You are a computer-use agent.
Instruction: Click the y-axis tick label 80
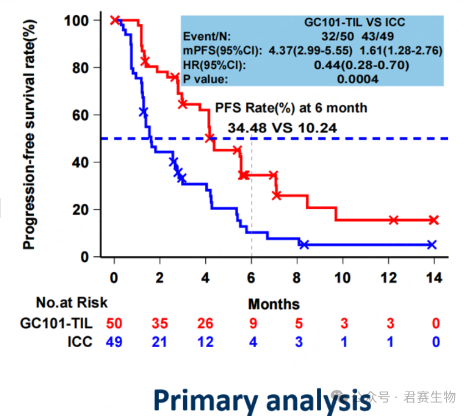[80, 68]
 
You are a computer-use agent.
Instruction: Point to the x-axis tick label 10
[342, 278]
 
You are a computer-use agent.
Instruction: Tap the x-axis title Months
[274, 304]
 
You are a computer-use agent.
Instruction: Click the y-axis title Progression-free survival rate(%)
[29, 134]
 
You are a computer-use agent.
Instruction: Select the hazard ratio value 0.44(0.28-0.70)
[361, 65]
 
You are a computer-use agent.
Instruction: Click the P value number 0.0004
[357, 79]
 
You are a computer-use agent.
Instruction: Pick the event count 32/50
[337, 37]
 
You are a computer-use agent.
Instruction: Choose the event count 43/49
[377, 37]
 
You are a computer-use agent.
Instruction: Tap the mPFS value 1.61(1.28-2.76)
[401, 50]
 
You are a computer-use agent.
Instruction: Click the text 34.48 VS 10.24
[282, 128]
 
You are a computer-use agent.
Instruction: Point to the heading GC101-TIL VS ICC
[354, 22]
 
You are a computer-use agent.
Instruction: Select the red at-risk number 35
[160, 323]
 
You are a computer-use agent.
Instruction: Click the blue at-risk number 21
[159, 342]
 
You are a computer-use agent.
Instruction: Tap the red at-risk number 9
[253, 323]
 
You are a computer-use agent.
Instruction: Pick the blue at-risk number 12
[205, 342]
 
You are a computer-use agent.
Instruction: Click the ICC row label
[80, 342]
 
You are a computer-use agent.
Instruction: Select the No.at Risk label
[72, 302]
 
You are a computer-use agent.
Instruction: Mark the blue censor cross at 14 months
[432, 245]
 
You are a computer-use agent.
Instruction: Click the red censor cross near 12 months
[393, 220]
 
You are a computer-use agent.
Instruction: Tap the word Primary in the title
[206, 400]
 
